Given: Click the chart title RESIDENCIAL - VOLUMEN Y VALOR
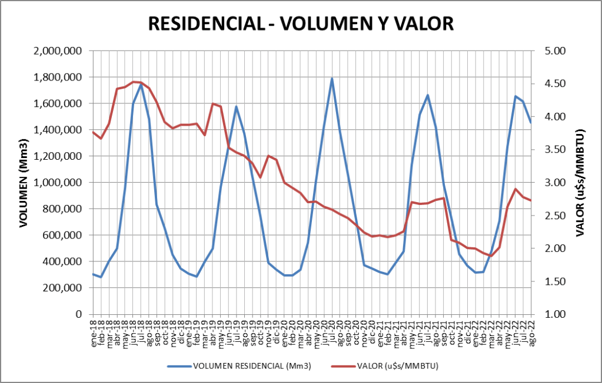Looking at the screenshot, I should coord(301,23).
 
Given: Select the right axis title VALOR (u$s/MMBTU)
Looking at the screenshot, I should coord(580,183).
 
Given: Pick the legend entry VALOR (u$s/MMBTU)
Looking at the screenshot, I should coord(398,366).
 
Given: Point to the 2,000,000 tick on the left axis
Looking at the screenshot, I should coord(58,51).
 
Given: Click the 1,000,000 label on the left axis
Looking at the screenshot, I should coord(58,183).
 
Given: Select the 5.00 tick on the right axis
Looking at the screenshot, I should coord(551,51).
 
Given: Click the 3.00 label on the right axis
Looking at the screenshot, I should coord(551,183).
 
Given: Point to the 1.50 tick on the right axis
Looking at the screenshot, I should coord(551,281).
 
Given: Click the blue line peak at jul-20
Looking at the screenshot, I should coord(332,78).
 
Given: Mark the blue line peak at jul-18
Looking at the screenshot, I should coord(141,84).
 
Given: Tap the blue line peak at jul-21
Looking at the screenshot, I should coord(428,95).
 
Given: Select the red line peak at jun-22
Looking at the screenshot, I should coord(515,189).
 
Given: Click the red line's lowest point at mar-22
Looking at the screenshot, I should coord(491,256).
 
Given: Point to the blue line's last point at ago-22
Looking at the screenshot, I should coord(531,122).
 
